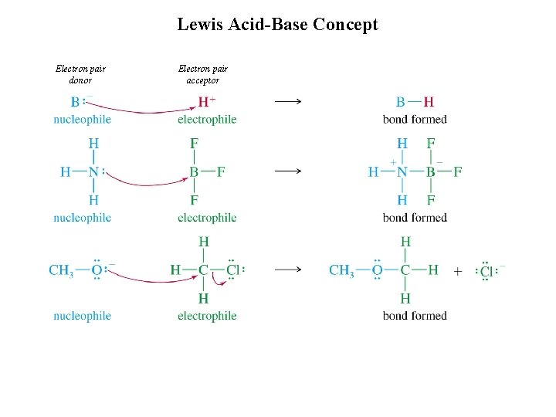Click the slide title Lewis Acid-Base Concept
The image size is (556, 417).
click(277, 24)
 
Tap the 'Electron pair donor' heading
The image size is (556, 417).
click(81, 74)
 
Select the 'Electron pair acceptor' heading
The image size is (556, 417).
click(202, 74)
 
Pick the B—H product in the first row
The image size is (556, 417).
click(414, 102)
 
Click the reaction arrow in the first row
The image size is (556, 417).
click(287, 101)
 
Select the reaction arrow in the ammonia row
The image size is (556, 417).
click(287, 171)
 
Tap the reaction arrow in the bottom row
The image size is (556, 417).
click(287, 270)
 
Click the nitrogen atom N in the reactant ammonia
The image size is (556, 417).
click(93, 171)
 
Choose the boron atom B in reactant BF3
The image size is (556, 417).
click(194, 171)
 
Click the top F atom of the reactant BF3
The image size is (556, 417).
click(194, 144)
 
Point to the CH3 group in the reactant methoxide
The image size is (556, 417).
click(61, 270)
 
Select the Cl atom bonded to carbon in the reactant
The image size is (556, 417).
click(233, 270)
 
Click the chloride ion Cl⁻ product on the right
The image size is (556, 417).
click(487, 271)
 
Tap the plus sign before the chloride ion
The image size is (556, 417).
click(458, 271)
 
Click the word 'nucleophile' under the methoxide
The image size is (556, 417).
click(82, 315)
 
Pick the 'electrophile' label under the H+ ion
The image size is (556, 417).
click(207, 119)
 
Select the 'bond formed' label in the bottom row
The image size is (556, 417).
click(415, 315)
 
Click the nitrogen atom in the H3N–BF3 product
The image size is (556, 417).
click(402, 171)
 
